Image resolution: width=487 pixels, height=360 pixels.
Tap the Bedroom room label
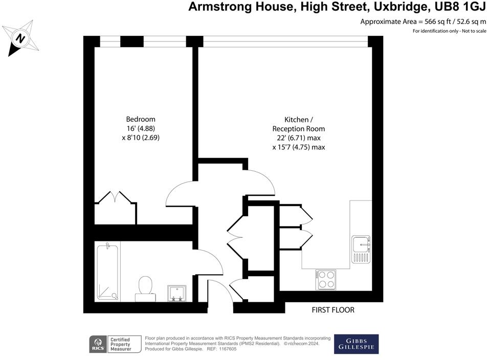point(141,119)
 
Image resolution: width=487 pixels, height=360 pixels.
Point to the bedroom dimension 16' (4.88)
point(141,128)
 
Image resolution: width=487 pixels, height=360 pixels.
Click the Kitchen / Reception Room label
point(299,124)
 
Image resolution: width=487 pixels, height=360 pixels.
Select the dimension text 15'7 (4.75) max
point(299,147)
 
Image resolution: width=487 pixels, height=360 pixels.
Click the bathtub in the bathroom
point(107,272)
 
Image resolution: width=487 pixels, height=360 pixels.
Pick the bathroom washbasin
point(177,292)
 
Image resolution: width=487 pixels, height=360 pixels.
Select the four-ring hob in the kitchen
point(326,279)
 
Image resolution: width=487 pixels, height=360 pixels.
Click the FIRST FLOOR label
point(333,310)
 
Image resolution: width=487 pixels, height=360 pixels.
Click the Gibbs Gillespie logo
point(356,344)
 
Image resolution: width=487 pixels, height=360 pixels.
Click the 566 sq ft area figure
point(435,21)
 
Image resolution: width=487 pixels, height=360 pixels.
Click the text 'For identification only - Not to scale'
point(449,31)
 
